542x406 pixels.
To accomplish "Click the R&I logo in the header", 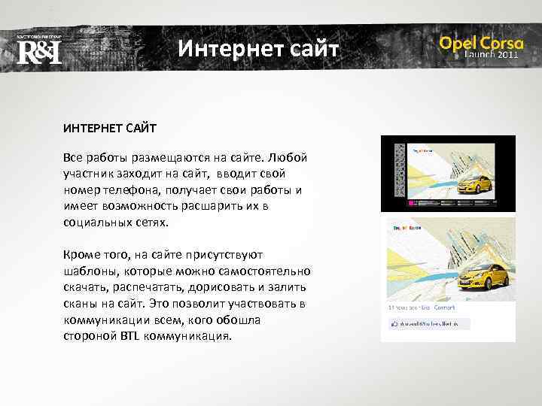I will [38, 51].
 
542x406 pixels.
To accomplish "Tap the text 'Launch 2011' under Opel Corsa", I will [492, 55].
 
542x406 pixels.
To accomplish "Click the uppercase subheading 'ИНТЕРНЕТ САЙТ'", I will [110, 129].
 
